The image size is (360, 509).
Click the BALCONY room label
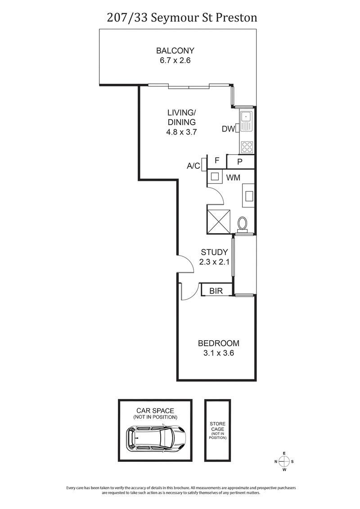coord(175,50)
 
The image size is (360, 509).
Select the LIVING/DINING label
coord(181,117)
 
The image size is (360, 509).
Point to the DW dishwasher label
coord(228,130)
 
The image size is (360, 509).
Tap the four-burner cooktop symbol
coord(247,146)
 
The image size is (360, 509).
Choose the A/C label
coord(193,166)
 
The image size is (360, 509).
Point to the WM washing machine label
coord(233,178)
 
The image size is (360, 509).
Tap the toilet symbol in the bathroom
coord(243,224)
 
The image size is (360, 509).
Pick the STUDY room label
coord(214,252)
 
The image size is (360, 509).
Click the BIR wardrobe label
coord(216,291)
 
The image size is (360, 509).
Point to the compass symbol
coord(284,461)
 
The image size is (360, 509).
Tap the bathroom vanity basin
coord(248,196)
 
